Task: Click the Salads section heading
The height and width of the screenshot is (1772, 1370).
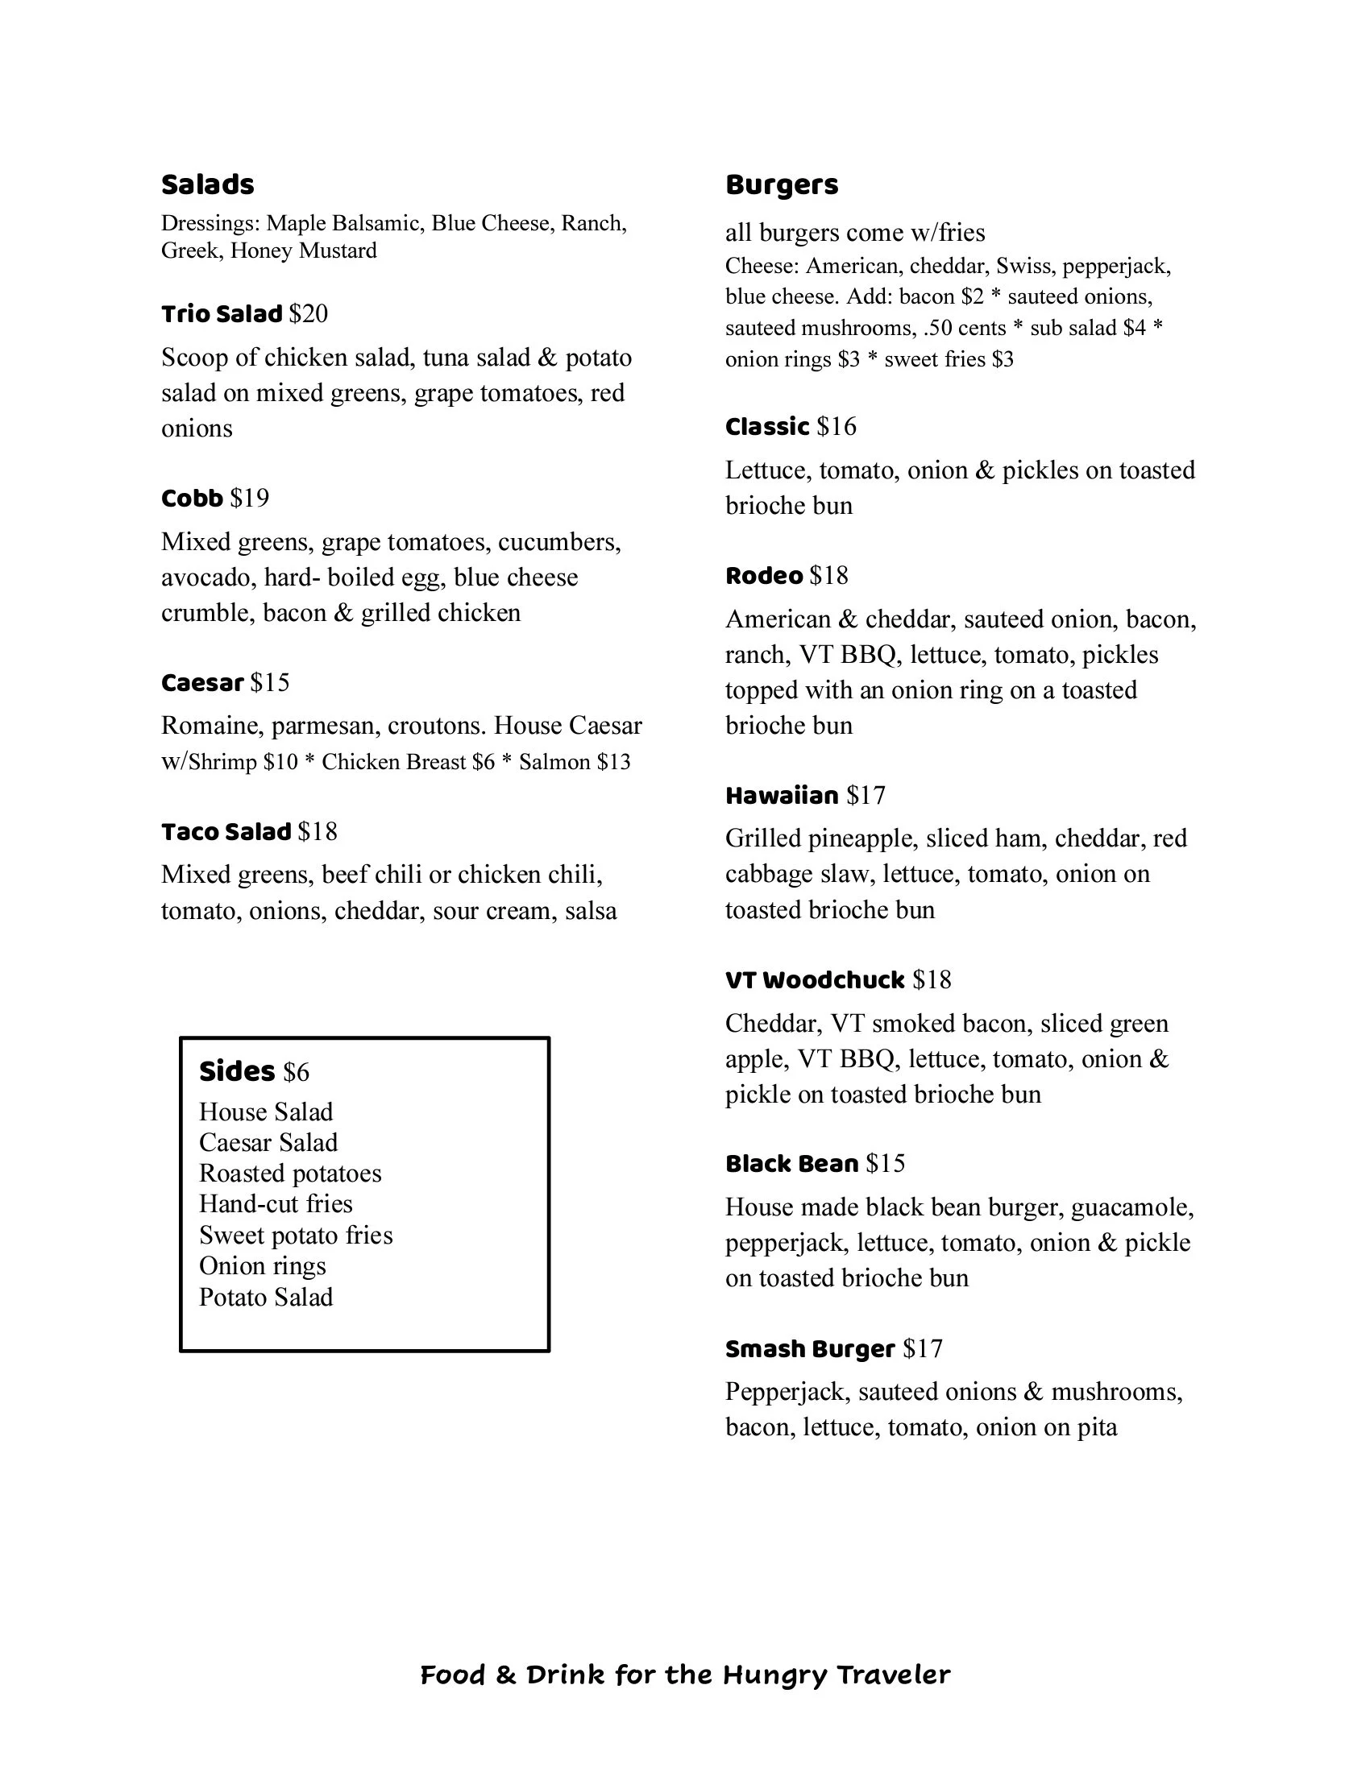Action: [x=207, y=185]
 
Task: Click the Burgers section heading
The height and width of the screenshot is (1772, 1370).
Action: [x=781, y=185]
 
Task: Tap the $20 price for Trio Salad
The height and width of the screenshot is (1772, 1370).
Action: [x=309, y=314]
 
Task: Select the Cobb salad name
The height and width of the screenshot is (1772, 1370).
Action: [x=192, y=498]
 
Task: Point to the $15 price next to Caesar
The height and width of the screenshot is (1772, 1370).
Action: [x=269, y=682]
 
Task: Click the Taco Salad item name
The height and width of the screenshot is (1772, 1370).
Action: [x=226, y=832]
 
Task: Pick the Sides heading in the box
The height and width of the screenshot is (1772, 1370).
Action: [x=236, y=1071]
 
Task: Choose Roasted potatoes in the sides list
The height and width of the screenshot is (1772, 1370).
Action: [x=290, y=1174]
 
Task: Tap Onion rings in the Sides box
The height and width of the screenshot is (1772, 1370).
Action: [x=262, y=1265]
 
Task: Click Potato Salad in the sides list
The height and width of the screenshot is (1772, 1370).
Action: [x=265, y=1297]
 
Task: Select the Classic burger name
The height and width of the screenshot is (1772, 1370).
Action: [x=767, y=427]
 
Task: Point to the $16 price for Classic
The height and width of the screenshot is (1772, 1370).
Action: [x=836, y=427]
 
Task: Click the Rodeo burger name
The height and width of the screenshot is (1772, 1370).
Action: [x=763, y=576]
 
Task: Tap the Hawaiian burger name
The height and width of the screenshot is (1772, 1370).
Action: [x=782, y=795]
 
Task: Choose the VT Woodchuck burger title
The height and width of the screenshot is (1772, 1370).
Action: [x=814, y=980]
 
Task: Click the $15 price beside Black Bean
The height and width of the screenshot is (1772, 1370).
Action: [x=885, y=1164]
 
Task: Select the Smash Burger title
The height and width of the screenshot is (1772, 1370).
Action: [x=809, y=1348]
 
